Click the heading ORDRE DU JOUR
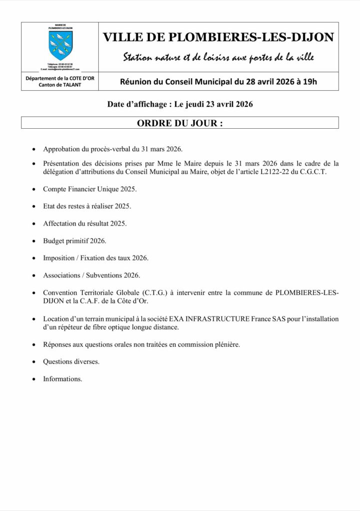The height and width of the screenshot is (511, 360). pyautogui.click(x=180, y=123)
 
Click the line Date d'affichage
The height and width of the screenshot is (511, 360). pyautogui.click(x=180, y=104)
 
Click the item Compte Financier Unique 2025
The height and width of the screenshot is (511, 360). pyautogui.click(x=90, y=190)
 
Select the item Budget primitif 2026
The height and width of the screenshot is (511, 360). pyautogui.click(x=75, y=241)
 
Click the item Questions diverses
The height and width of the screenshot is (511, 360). pyautogui.click(x=71, y=362)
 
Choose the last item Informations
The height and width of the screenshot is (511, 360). pyautogui.click(x=62, y=379)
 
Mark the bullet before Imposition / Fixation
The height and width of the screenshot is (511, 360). pyautogui.click(x=33, y=258)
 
